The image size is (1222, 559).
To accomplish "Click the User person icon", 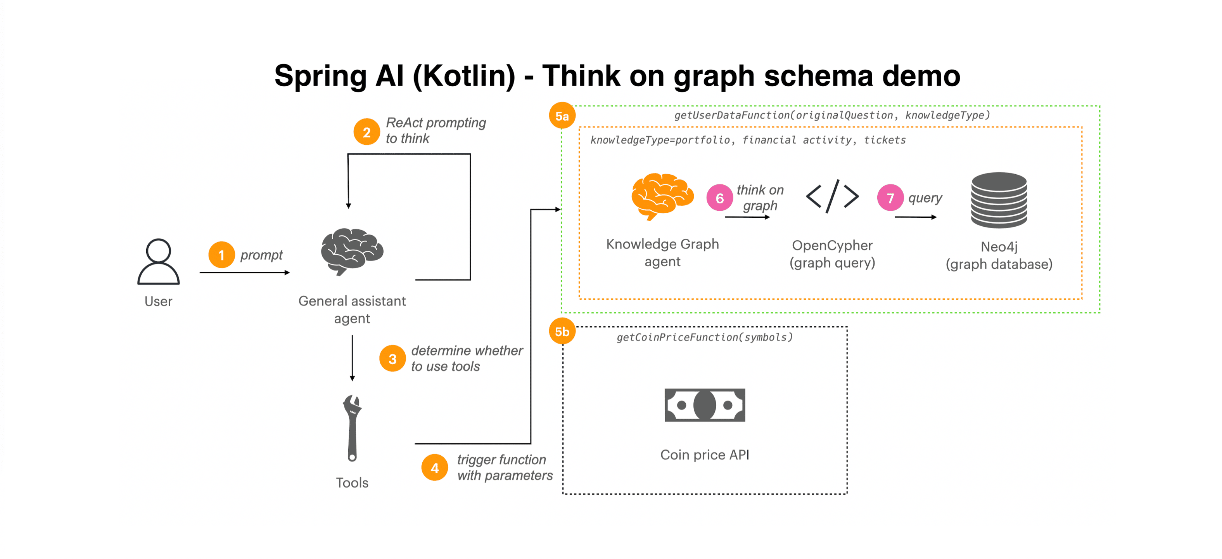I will pyautogui.click(x=159, y=261).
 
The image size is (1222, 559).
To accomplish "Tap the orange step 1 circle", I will pyautogui.click(x=221, y=255).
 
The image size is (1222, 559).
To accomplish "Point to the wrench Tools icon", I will pyautogui.click(x=352, y=428).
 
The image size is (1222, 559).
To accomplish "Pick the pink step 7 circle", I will pyautogui.click(x=890, y=198).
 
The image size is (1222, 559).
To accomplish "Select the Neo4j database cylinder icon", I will pyautogui.click(x=999, y=200).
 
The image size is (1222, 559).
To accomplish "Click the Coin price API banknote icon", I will pyautogui.click(x=704, y=405).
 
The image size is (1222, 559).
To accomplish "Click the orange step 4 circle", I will pyautogui.click(x=434, y=468).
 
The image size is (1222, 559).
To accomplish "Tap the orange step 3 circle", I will pyautogui.click(x=392, y=359).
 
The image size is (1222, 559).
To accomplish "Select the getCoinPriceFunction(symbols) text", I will pyautogui.click(x=704, y=337).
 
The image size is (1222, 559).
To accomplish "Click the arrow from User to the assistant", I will pyautogui.click(x=244, y=273).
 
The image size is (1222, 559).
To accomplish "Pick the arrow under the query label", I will pyautogui.click(x=916, y=217).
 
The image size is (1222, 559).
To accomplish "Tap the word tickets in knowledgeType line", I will pyautogui.click(x=885, y=140).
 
